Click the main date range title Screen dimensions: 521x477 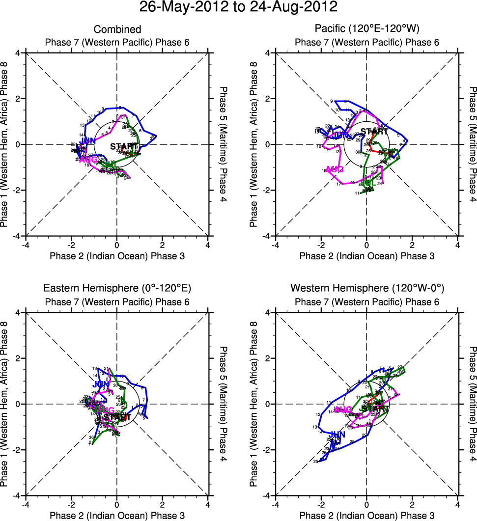(238, 7)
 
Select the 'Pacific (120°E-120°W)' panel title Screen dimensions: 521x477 (366, 29)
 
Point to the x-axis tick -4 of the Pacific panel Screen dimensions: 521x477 (275, 245)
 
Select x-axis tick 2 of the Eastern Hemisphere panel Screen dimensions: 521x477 (162, 505)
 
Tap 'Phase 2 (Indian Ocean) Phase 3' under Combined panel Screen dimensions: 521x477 (117, 256)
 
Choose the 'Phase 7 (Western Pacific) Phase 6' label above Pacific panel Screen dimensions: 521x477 (366, 42)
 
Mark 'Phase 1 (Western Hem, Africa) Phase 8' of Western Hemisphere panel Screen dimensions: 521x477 (254, 404)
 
